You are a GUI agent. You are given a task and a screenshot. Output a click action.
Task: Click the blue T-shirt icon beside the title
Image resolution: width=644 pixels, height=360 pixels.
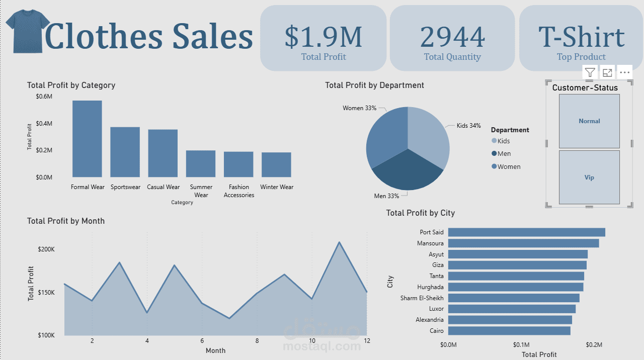[x=28, y=31]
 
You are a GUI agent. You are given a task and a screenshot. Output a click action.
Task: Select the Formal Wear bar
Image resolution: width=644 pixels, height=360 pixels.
[x=87, y=139]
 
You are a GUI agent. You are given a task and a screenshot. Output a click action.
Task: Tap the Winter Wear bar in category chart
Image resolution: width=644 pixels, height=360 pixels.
[x=276, y=164]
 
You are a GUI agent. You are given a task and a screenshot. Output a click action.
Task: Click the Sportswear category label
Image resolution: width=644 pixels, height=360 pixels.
[x=125, y=187]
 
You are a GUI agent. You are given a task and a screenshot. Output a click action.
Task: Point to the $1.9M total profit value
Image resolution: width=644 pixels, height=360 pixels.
[x=323, y=37]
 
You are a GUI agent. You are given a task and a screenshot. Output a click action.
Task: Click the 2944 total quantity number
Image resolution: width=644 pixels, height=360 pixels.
[x=452, y=37]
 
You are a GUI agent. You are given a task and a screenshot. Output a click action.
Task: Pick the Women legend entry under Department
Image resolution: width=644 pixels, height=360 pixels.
[x=509, y=166]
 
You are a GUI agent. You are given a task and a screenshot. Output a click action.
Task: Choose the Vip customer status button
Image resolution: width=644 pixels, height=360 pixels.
[x=589, y=177]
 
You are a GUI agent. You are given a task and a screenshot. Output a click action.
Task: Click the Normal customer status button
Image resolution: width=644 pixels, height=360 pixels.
[x=589, y=121]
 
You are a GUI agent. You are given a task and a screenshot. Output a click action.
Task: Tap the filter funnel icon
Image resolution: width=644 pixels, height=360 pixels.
[x=590, y=72]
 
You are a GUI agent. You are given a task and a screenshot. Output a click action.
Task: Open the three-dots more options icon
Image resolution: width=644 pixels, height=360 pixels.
[x=625, y=72]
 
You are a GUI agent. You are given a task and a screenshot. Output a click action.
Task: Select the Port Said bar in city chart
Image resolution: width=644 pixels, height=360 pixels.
[x=526, y=232]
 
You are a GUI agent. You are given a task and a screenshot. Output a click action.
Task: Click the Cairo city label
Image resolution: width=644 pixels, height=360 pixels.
[x=437, y=331]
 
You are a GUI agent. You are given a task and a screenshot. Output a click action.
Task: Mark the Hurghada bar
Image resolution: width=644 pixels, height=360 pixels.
[x=516, y=287]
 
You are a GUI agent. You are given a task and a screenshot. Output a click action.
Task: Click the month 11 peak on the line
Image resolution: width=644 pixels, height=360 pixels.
[x=339, y=242]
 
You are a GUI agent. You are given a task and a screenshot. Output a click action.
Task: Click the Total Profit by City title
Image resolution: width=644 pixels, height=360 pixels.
[x=420, y=213]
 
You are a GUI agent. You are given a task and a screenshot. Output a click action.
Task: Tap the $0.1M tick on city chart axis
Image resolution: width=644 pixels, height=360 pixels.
[x=521, y=345]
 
